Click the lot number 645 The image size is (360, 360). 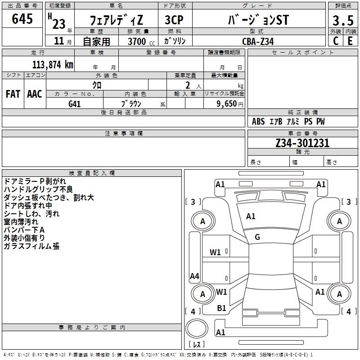click(22, 19)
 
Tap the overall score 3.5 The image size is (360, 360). click(343, 21)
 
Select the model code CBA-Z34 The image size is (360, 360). click(258, 41)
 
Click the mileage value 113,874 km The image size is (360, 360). click(53, 64)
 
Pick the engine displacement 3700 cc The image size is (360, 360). click(138, 41)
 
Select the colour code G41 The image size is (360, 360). click(75, 103)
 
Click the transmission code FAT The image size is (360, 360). click(13, 94)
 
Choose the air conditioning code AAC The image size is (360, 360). click(35, 94)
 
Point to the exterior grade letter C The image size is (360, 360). click(336, 40)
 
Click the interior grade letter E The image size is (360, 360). click(350, 40)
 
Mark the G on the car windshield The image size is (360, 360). click(257, 237)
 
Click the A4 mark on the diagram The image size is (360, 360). click(194, 276)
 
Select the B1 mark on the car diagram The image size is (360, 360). click(221, 308)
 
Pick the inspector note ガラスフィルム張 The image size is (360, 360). click(31, 246)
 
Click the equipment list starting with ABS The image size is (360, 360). click(288, 121)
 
